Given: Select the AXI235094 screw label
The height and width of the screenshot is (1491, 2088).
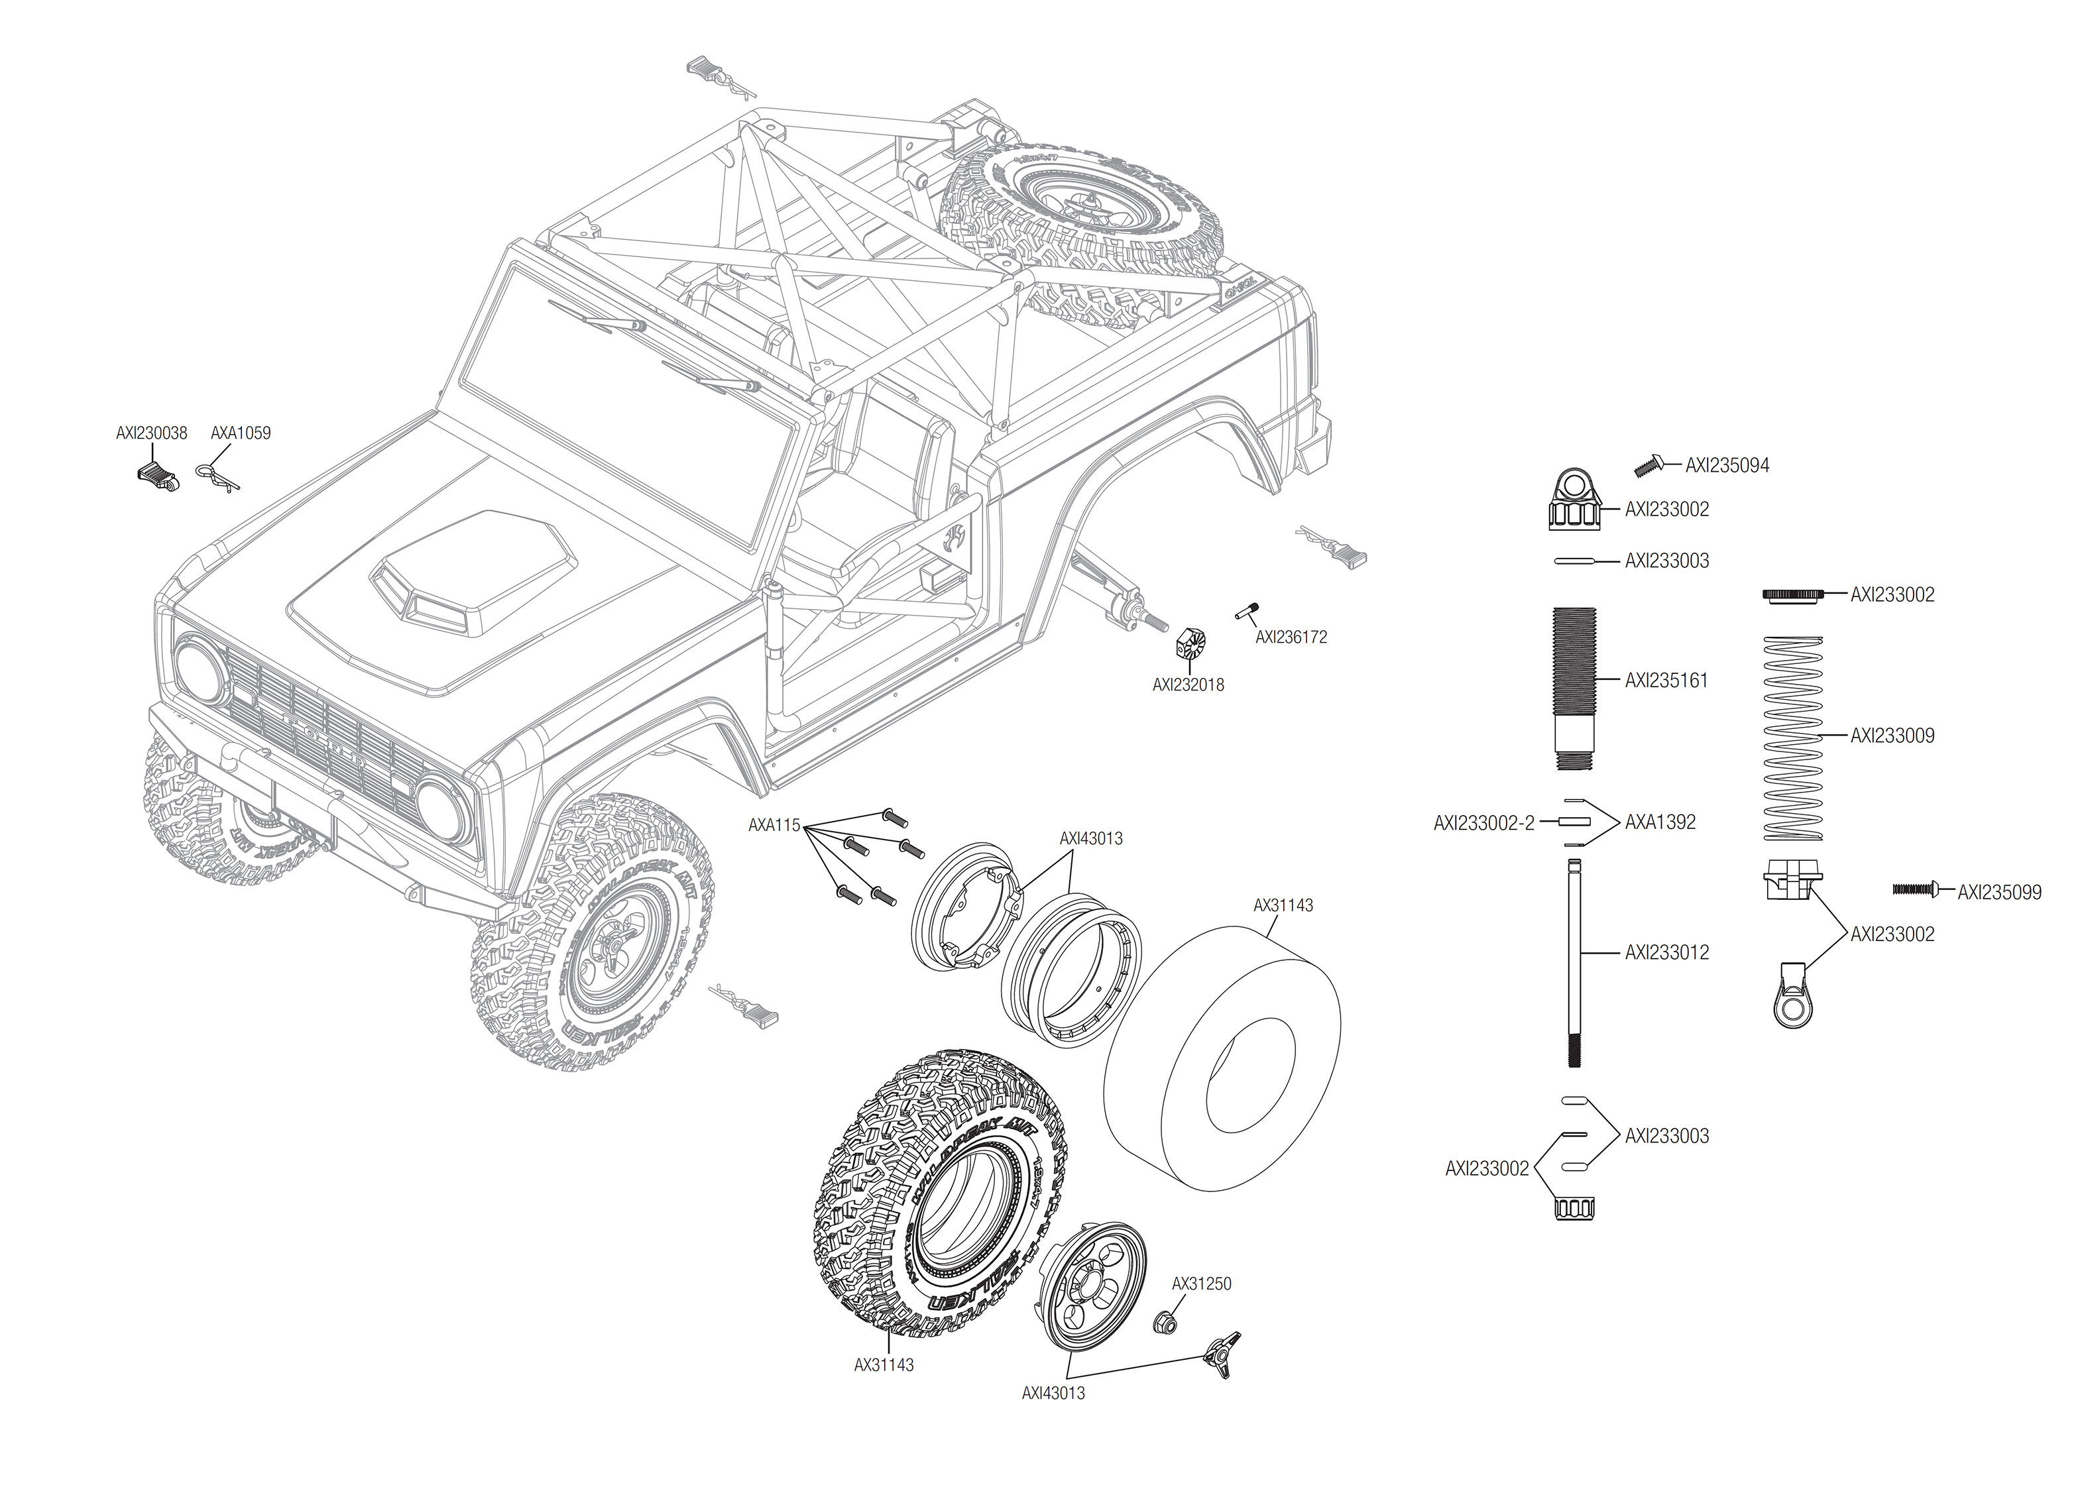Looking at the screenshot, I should click(x=1726, y=465).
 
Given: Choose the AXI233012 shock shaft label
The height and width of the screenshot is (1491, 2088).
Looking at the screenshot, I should click(x=1666, y=953).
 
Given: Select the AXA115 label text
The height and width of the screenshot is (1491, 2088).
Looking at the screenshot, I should click(x=774, y=826).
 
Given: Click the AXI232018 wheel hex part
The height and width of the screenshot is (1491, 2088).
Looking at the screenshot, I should click(x=1189, y=646).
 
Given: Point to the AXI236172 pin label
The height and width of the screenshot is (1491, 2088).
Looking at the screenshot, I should click(x=1291, y=637).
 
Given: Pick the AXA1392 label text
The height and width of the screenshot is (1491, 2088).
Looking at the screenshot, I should click(x=1660, y=822).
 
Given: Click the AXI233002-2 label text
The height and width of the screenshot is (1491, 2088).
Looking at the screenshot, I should click(x=1484, y=824).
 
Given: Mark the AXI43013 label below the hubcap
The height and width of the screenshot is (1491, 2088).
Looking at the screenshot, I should click(x=1053, y=1393).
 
